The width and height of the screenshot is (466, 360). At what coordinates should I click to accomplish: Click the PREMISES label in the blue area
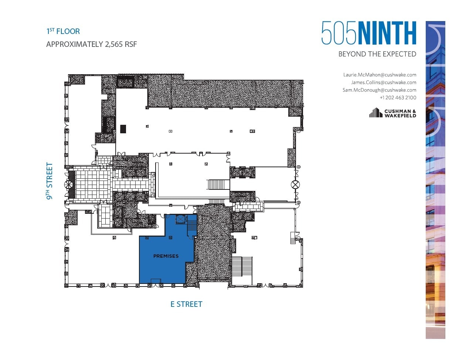[166, 256]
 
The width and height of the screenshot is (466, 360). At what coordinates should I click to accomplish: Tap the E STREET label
[186, 304]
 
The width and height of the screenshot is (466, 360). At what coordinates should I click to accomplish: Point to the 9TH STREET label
[49, 181]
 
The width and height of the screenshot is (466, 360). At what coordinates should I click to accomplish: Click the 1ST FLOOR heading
[63, 31]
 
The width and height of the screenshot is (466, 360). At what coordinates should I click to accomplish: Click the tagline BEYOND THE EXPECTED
[377, 54]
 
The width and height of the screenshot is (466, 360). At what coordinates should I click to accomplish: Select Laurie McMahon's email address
[380, 75]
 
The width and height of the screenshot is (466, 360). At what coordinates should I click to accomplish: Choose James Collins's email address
[383, 82]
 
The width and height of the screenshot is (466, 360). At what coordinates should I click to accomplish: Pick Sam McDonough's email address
[379, 90]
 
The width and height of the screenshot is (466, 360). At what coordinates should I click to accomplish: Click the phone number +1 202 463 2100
[398, 97]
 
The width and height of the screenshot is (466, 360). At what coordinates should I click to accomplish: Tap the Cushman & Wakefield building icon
[375, 113]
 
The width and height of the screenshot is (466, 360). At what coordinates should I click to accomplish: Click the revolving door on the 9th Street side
[69, 185]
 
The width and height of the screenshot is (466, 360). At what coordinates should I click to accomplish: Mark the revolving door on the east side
[295, 184]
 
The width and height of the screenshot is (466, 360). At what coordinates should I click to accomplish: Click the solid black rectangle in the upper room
[123, 129]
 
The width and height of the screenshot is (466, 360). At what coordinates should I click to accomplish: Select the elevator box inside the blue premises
[180, 219]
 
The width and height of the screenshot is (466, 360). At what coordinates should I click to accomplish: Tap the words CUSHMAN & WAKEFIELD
[400, 113]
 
